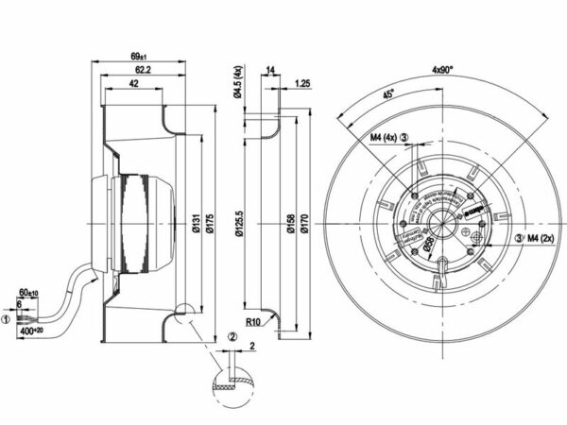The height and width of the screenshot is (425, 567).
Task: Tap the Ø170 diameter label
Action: coord(304,227)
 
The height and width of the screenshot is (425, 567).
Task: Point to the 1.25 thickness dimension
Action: coord(302,83)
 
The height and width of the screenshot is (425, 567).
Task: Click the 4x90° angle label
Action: coord(443,70)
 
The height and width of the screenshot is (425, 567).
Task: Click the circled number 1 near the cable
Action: coord(6,320)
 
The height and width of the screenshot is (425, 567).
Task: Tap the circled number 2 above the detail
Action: coord(231,338)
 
